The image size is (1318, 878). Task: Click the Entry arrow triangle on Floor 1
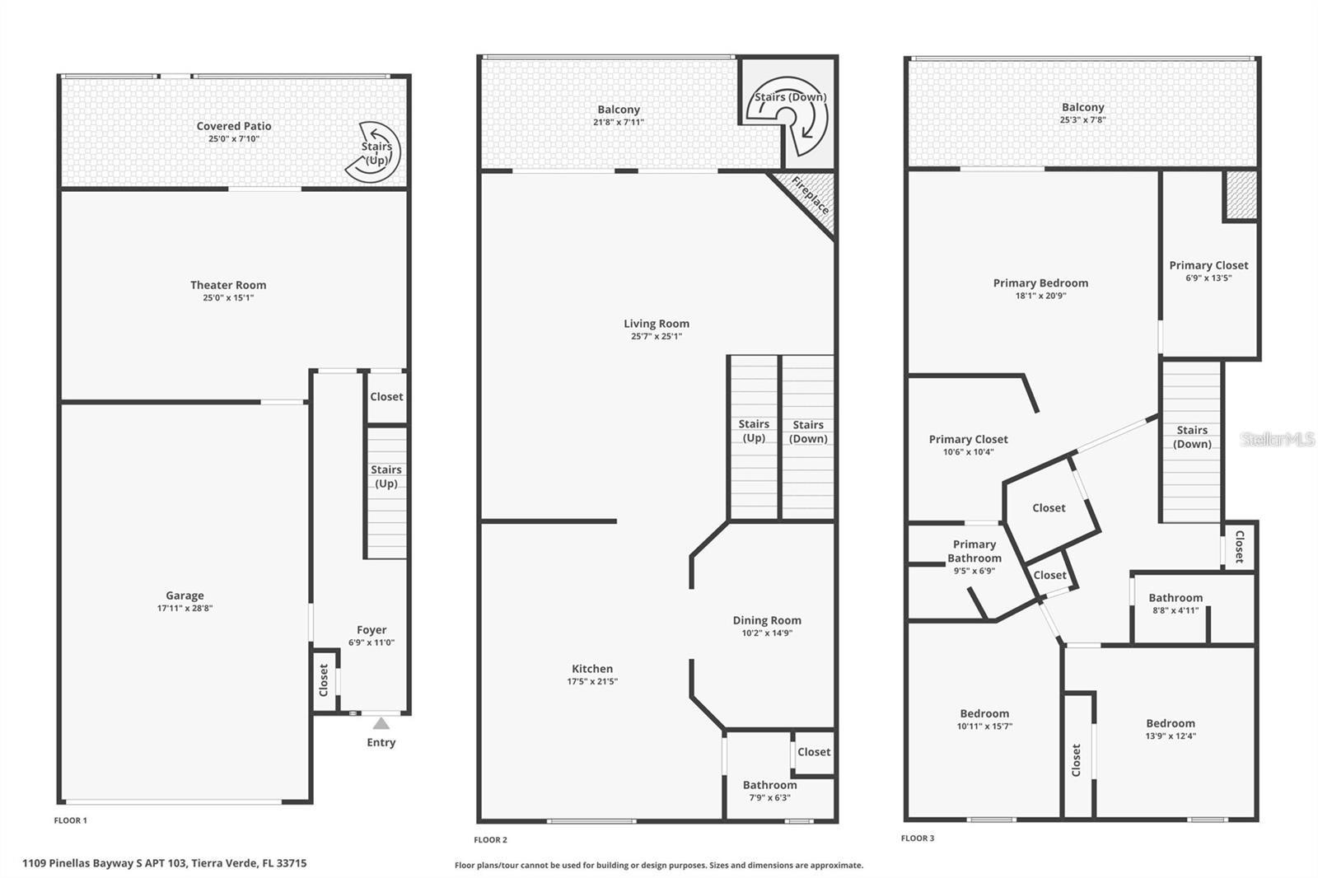coord(381,723)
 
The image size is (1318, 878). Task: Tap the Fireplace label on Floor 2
coord(811,195)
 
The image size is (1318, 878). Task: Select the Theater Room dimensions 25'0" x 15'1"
coord(228,298)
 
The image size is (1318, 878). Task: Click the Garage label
coord(185,595)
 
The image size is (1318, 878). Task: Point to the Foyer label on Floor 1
coord(372,629)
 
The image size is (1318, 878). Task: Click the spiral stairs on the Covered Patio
coord(373,152)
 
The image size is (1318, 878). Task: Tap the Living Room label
coord(657,323)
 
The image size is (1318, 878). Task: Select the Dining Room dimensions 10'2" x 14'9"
coord(767,633)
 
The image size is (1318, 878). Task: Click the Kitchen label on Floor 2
coord(592,669)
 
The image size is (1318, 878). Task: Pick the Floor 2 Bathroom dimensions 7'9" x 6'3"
coord(769,798)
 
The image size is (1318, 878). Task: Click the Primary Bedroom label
coord(1041,283)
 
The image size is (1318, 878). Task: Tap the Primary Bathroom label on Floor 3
coord(974,551)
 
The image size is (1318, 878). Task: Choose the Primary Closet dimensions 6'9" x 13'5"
coord(1208,278)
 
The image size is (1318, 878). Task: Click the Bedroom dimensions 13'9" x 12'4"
coord(1171,736)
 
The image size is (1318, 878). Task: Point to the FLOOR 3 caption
coord(918,838)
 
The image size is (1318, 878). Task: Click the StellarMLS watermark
coord(1278,439)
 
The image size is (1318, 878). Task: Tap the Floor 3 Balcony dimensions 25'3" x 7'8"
coord(1083,119)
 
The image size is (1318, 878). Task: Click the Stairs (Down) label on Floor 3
coord(1192,437)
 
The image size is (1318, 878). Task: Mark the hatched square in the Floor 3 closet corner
coord(1241,194)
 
